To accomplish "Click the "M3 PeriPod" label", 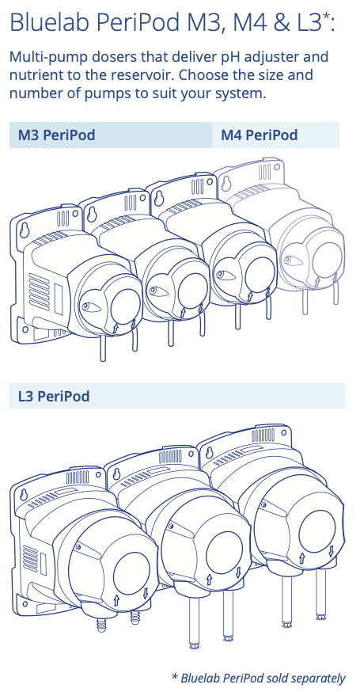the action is point(56,135).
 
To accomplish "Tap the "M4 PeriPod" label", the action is point(260,135).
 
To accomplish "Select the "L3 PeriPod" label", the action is point(54,396).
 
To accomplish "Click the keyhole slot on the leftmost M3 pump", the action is point(25,230).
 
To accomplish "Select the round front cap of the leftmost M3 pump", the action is point(125,306).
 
